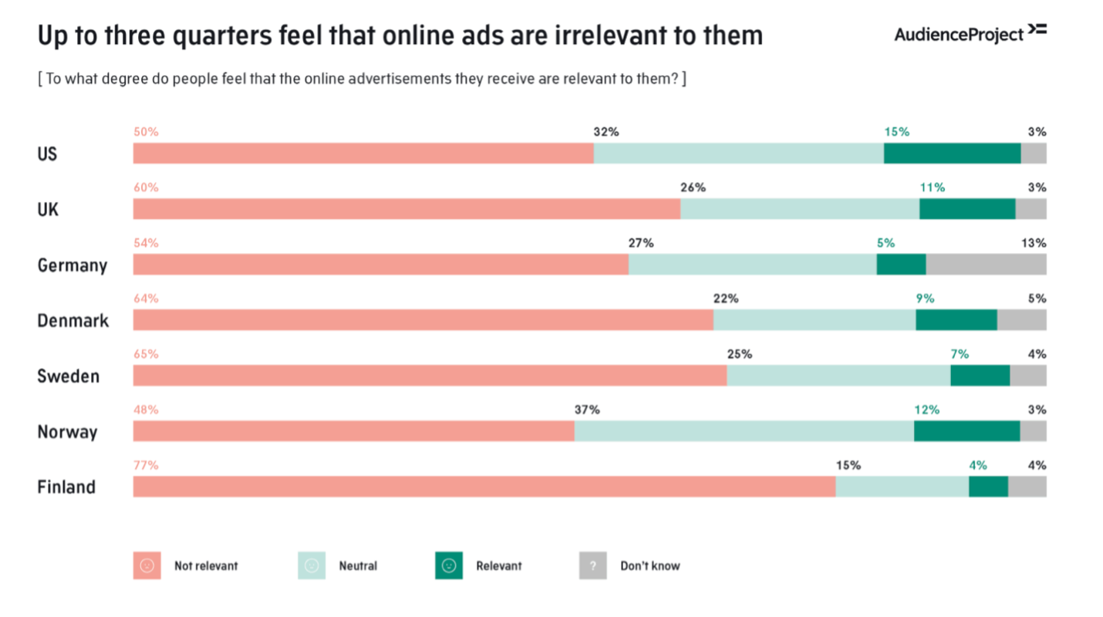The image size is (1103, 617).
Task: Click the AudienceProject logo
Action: pos(970,33)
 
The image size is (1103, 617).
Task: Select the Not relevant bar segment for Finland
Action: pos(484,487)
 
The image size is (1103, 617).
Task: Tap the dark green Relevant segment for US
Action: pos(952,153)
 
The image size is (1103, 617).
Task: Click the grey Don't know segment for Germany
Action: pos(986,265)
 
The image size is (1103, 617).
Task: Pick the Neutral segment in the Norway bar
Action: pos(744,431)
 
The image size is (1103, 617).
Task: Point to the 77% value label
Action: pos(146,465)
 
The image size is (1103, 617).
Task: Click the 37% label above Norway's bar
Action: pos(587,410)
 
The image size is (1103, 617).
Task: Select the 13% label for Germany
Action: pos(1034,243)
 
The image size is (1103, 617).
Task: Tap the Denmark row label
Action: pos(73,321)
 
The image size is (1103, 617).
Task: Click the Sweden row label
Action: pos(69,376)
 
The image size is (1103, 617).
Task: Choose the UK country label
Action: pos(48,210)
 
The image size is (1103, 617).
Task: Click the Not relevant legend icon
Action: pos(147,565)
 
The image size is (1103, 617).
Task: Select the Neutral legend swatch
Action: pos(312,565)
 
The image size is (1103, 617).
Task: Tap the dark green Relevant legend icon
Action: pos(449,565)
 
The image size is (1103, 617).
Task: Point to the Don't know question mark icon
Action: pos(593,565)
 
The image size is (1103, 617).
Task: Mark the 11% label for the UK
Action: pos(932,187)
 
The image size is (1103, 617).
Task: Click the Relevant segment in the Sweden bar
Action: pos(980,376)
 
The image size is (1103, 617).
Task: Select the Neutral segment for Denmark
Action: pos(814,320)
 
